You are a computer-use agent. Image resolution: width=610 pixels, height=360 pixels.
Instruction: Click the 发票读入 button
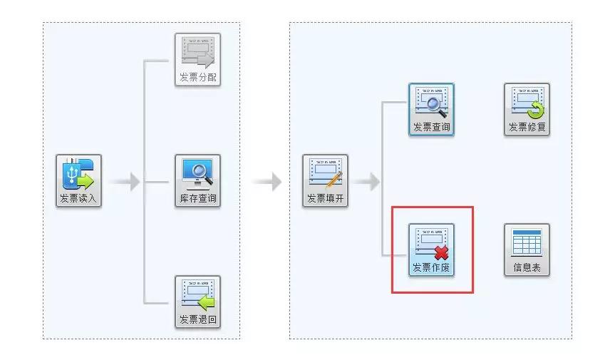[79, 181]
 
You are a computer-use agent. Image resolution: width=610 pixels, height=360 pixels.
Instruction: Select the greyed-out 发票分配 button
[197, 60]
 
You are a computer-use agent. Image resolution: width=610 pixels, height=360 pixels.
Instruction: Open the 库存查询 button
[197, 181]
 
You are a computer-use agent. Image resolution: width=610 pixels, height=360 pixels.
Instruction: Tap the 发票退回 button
[197, 302]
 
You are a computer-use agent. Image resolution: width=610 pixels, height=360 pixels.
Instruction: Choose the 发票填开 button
[326, 181]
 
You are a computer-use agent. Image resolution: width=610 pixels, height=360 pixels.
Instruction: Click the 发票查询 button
[431, 110]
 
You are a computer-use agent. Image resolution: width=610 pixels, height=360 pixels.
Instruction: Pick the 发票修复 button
[527, 110]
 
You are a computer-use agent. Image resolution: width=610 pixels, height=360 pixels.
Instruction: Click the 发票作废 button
[431, 250]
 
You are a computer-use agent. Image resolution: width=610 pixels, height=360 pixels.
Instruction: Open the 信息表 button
[527, 250]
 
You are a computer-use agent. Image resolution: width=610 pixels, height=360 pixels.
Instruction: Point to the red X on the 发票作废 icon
[442, 252]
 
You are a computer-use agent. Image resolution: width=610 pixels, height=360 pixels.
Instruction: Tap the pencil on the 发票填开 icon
[334, 179]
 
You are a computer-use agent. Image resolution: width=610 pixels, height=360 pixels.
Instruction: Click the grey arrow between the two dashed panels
[267, 182]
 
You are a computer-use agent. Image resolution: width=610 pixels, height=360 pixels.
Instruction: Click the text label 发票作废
[431, 268]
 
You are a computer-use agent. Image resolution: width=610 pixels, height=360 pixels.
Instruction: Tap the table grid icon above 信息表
[527, 242]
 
